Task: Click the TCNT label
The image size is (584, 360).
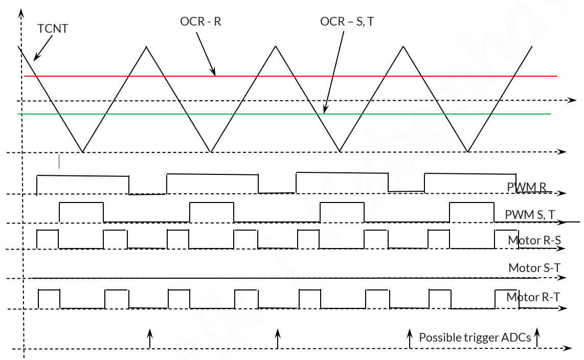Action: (x=53, y=29)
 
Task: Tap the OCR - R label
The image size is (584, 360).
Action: (x=200, y=21)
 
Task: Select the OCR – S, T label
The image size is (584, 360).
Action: (x=347, y=21)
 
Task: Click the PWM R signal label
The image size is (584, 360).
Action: (x=526, y=187)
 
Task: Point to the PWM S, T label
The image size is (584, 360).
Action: (x=530, y=214)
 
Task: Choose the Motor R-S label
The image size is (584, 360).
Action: (x=534, y=240)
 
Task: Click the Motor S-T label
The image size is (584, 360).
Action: (x=534, y=267)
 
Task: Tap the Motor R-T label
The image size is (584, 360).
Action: (x=533, y=297)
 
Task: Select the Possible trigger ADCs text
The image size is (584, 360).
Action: (x=475, y=337)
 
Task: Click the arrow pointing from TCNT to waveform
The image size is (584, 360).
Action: (x=43, y=49)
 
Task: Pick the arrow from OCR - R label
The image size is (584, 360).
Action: (x=206, y=54)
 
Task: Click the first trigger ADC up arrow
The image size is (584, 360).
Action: (x=150, y=339)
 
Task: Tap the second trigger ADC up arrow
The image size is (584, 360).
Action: (x=278, y=339)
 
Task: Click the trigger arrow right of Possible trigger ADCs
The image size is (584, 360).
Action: (x=537, y=337)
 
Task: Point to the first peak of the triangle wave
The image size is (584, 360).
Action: (x=146, y=47)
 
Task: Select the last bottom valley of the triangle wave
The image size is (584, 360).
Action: (x=468, y=151)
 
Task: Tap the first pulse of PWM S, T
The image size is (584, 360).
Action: (x=81, y=203)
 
